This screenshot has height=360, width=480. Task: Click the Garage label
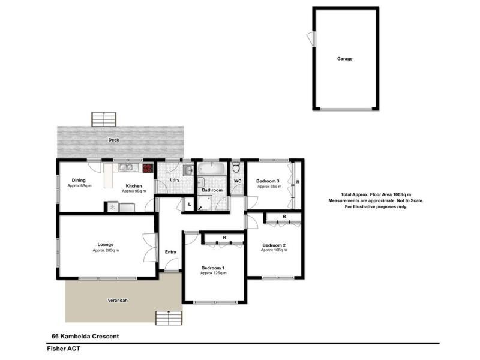pos(344,59)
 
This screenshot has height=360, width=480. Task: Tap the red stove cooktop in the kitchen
pos(148,169)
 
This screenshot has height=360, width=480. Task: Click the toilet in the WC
pos(236,167)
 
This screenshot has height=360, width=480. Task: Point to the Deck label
pos(113,140)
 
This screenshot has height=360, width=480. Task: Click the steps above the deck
pos(103,119)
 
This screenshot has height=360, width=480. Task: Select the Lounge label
pos(106,244)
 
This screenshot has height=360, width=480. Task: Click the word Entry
pos(170,252)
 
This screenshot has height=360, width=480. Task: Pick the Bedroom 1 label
pos(213,268)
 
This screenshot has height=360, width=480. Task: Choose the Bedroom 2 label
pos(274,245)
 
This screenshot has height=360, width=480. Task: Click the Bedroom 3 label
pos(268,181)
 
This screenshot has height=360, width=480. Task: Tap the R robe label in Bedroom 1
pos(224,238)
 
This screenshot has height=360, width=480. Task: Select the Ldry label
pos(175,180)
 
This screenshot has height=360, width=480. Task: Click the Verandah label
pos(118,300)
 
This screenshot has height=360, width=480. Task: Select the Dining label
pos(79,181)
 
